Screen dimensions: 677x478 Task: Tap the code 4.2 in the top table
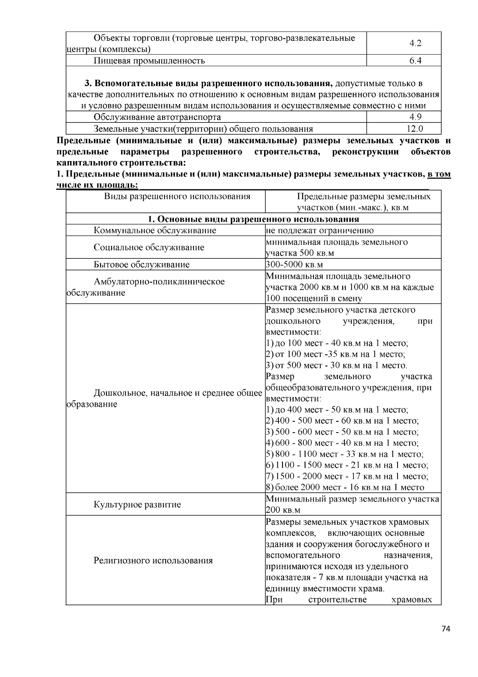tap(415, 43)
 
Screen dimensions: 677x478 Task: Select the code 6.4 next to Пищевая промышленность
tap(415, 61)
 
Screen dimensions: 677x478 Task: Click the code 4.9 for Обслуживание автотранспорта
tap(415, 117)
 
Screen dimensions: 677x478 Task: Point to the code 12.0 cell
tap(415, 128)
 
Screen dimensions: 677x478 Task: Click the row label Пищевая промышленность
tap(149, 61)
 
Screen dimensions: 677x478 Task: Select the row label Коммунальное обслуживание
tap(155, 230)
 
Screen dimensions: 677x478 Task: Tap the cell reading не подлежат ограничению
tap(320, 230)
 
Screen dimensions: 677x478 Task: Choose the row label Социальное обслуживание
tap(149, 247)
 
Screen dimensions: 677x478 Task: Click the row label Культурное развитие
tap(137, 505)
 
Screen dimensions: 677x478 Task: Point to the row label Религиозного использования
tap(153, 561)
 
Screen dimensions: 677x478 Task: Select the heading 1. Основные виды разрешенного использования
tap(253, 219)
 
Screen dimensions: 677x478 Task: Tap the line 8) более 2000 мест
tap(345, 487)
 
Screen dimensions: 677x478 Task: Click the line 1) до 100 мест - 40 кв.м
tap(337, 343)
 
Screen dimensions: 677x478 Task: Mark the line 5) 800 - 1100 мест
tap(345, 454)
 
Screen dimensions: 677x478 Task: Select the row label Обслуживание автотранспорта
tap(157, 117)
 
